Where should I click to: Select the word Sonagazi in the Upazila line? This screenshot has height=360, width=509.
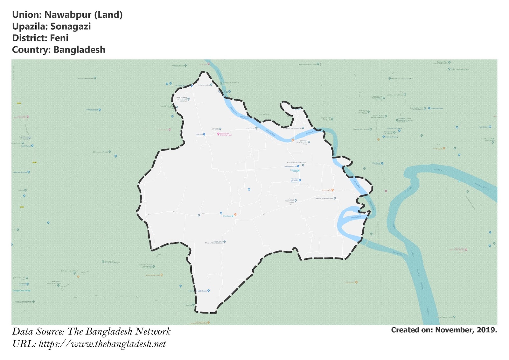tap(70, 26)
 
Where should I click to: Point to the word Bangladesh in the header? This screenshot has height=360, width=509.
tap(79, 50)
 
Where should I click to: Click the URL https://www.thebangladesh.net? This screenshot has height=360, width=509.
tap(102, 344)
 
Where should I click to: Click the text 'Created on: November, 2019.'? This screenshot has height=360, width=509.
tap(444, 330)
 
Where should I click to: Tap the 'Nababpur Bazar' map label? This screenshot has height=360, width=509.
tap(290, 166)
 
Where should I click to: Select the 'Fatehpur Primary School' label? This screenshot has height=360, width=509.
tap(324, 199)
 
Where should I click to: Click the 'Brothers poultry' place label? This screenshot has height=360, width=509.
tap(204, 85)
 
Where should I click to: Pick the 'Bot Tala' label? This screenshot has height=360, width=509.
tap(199, 135)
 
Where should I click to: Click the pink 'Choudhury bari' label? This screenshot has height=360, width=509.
tap(225, 134)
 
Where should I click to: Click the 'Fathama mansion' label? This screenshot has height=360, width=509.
tap(20, 172)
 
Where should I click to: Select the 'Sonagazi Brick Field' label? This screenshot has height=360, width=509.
tap(21, 291)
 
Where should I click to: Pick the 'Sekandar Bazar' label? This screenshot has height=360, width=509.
tap(437, 109)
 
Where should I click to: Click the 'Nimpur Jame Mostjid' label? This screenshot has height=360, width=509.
tap(293, 128)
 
